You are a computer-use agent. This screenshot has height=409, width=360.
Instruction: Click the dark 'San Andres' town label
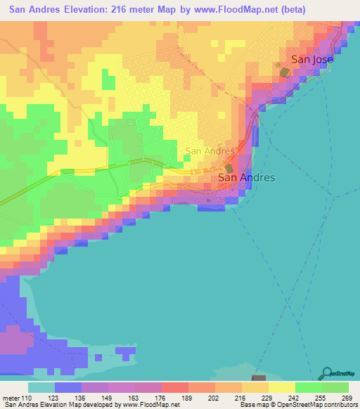tap(247, 178)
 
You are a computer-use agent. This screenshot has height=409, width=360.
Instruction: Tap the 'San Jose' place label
tap(311, 60)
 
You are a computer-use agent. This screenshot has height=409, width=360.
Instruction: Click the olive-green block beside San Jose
tap(284, 72)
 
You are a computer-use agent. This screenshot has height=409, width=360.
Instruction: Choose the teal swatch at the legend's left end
tap(41, 387)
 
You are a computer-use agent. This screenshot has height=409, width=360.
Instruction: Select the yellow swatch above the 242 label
tap(281, 387)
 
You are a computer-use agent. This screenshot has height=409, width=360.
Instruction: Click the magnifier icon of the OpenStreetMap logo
tap(326, 372)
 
